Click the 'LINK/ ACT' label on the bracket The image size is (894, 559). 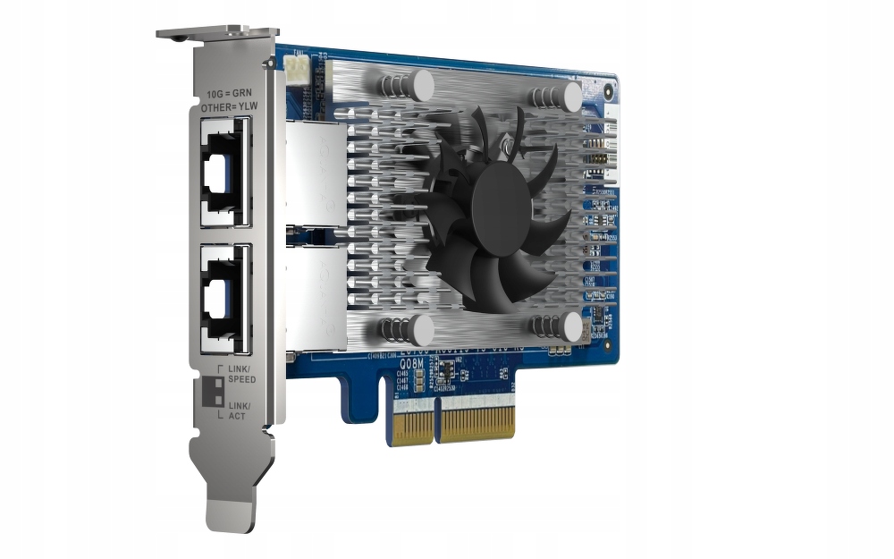coord(239,412)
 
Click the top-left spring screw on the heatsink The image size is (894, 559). coord(407,86)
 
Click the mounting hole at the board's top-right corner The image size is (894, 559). coord(609,89)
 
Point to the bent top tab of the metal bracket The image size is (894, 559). coord(215,33)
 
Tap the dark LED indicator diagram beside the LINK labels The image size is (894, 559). coord(214,392)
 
